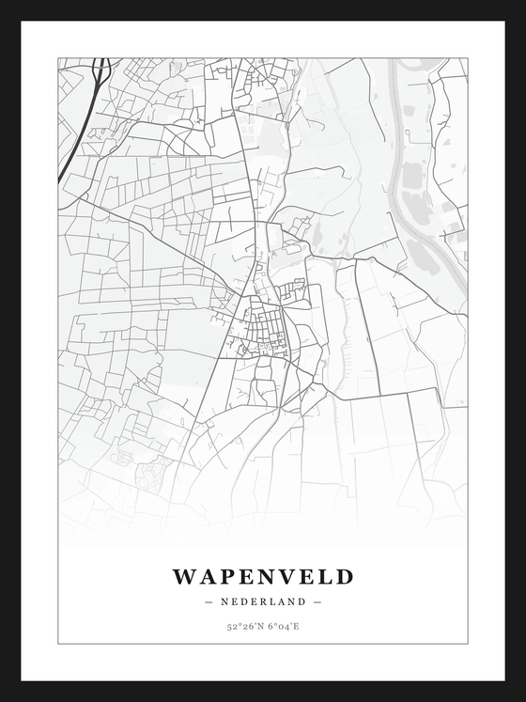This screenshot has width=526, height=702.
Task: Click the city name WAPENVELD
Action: (x=263, y=576)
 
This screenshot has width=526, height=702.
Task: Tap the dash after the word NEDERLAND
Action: (x=317, y=601)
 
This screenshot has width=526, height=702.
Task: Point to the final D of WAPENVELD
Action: (x=345, y=576)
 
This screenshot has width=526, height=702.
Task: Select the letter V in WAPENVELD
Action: (x=284, y=576)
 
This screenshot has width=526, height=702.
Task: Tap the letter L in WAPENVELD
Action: (x=325, y=576)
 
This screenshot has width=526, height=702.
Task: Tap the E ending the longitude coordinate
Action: (x=297, y=626)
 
